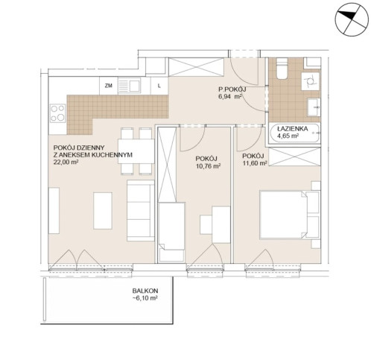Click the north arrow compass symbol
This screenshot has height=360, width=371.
(x=352, y=19)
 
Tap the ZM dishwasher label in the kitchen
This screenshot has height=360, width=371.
(x=109, y=86)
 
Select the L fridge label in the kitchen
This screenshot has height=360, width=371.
(x=159, y=86)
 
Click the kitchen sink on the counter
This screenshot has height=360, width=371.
(x=130, y=86)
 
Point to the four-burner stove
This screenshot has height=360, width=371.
(x=58, y=113)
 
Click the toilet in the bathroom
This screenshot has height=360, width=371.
(x=282, y=69)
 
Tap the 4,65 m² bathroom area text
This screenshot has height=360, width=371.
(x=288, y=136)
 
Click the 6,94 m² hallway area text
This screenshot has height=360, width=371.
(x=230, y=97)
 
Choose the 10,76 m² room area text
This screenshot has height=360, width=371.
(x=209, y=166)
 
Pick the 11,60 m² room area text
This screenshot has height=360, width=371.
(x=255, y=163)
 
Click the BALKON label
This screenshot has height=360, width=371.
(x=145, y=291)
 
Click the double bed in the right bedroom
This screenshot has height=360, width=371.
(x=290, y=215)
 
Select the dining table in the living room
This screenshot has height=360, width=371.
(x=136, y=151)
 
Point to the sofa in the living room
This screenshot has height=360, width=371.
(x=141, y=210)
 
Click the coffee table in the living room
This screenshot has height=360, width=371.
(x=103, y=211)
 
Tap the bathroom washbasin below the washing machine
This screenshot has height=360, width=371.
(x=314, y=107)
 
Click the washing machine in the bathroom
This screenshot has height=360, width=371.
(x=310, y=81)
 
